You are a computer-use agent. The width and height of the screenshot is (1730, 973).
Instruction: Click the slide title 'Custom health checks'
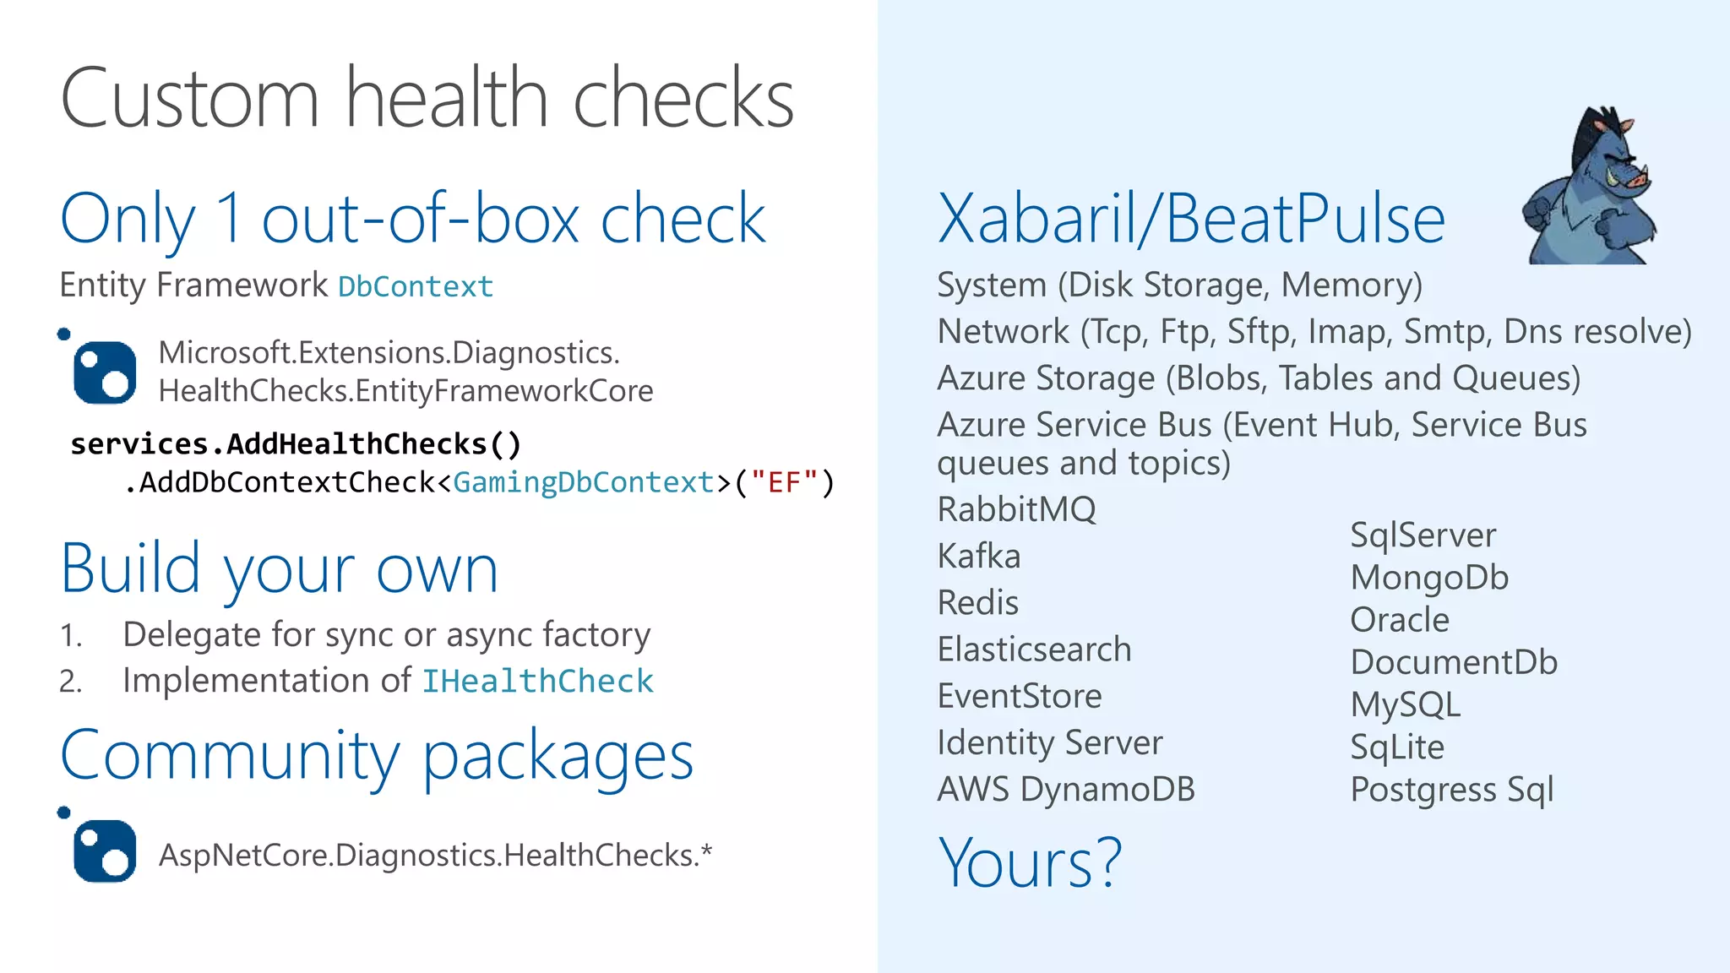click(427, 99)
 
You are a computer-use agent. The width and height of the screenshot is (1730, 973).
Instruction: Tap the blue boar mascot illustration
click(1589, 188)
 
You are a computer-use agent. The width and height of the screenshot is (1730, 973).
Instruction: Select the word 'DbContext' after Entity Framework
click(416, 287)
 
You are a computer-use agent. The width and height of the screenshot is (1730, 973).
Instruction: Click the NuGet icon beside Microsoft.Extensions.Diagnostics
click(105, 372)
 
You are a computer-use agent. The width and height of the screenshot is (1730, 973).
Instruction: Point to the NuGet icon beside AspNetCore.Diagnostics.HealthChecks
click(105, 851)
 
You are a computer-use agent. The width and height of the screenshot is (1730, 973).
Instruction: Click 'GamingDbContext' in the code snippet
click(584, 483)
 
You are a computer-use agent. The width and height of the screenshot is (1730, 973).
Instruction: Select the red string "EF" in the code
click(785, 483)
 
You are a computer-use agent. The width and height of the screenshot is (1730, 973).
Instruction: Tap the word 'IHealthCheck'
click(538, 682)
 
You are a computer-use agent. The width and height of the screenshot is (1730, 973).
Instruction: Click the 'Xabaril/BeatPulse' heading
click(1191, 220)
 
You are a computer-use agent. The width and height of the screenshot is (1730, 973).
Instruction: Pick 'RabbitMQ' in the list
click(1016, 510)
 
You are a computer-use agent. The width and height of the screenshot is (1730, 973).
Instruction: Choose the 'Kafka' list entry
click(979, 557)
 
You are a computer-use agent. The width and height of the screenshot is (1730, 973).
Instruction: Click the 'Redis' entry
click(978, 603)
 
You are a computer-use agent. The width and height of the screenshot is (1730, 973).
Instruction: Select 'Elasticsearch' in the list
click(1034, 650)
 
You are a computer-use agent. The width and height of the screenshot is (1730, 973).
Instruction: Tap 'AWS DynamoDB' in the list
click(1066, 790)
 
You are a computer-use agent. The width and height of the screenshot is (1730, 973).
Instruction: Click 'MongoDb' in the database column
click(1429, 578)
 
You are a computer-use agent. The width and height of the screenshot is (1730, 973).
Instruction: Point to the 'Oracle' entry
click(1400, 620)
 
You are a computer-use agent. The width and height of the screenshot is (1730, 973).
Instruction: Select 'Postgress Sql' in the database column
click(1452, 790)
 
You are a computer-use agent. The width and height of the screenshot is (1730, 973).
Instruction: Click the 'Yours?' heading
click(1030, 863)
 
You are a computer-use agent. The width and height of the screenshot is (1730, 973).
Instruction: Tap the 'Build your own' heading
click(280, 569)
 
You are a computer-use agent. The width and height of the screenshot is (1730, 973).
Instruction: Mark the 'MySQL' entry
click(1406, 705)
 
